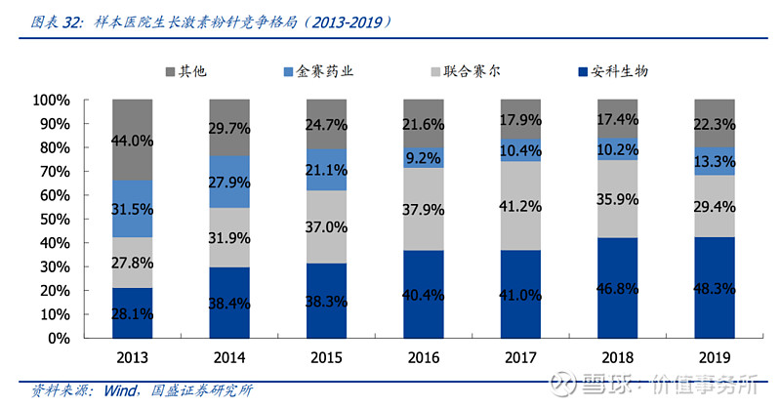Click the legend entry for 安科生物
coord(613,71)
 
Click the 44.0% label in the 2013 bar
coord(132,141)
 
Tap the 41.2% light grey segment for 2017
coord(519,205)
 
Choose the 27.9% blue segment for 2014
coord(229,182)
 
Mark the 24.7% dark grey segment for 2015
coord(326,124)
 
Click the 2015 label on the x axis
coord(326,358)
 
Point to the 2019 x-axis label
coord(715,358)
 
